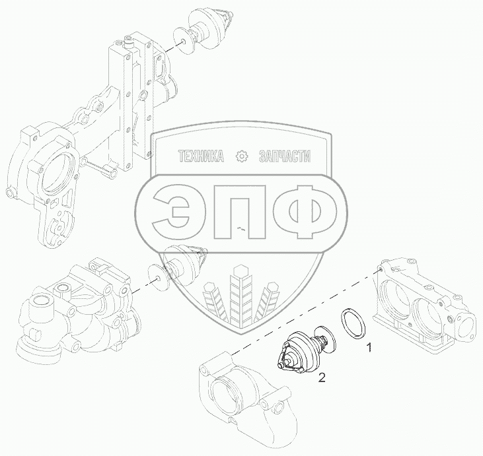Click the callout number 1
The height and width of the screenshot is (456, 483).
pos(369,348)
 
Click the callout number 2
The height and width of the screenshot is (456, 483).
pos(321,378)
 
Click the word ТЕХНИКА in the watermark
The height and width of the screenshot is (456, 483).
pos(201,156)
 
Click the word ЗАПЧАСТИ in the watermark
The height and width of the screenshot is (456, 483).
pos(285,156)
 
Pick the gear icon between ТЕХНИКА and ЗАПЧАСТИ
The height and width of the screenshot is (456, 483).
pos(241,156)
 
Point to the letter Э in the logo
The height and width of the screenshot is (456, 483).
pos(171,212)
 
